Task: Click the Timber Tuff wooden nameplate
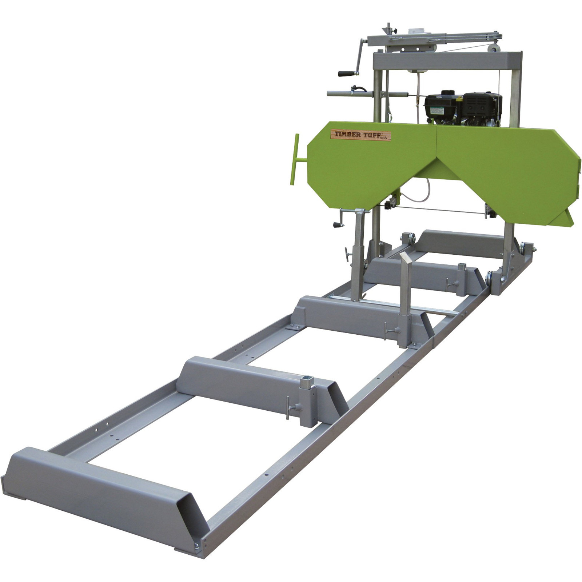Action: pos(360,135)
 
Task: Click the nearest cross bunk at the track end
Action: pos(102,487)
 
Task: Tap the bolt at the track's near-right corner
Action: pos(197,545)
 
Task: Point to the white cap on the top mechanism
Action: pos(415,31)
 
